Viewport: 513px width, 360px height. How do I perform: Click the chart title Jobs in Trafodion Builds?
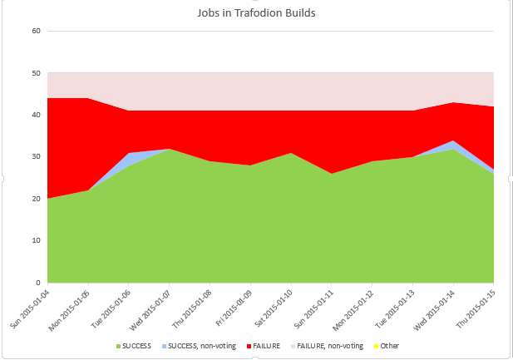pos(256,13)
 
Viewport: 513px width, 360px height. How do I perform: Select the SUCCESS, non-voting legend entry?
pos(205,345)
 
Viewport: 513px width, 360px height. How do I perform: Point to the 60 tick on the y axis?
pos(36,32)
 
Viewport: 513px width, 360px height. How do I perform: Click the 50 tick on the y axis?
pos(36,73)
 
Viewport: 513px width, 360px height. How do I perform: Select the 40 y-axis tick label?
pos(36,115)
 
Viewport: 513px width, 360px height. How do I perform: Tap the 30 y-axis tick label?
pos(36,157)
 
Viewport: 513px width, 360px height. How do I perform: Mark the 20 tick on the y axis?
pos(36,199)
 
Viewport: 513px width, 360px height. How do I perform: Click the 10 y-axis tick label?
pos(36,240)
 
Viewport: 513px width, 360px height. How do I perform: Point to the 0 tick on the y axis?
pos(38,283)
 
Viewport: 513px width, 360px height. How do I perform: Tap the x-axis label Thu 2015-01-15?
pos(476,308)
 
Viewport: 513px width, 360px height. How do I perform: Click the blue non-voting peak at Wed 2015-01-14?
pos(452,145)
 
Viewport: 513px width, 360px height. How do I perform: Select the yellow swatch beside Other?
pos(374,345)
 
